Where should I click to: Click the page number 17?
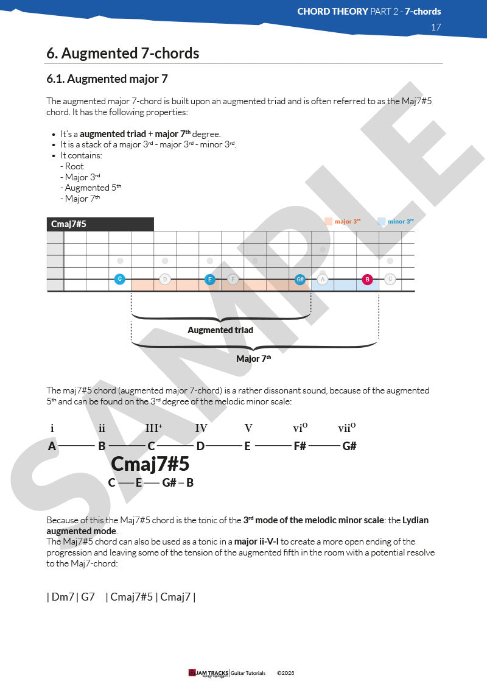435,27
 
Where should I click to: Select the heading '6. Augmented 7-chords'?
122,54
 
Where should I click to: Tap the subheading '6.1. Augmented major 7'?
107,79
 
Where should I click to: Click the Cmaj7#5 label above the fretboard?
69,224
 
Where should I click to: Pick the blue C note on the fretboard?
120,280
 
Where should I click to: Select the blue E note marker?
209,280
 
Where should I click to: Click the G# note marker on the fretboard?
300,280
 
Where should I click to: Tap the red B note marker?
367,280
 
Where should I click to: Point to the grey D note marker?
164,280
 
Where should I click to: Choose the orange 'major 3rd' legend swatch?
328,222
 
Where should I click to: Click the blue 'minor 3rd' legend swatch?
381,222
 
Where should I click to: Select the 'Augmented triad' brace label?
220,330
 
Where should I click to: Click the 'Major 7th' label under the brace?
253,359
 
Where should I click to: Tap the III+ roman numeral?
153,428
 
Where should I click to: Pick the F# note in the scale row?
300,446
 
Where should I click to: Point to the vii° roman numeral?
346,428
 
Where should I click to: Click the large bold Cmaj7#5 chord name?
150,464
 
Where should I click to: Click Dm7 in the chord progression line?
63,597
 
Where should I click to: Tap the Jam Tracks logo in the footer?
209,673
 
